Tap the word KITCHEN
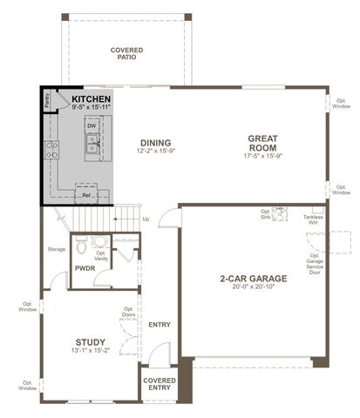pyautogui.click(x=91, y=100)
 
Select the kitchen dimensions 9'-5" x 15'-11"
pyautogui.click(x=91, y=108)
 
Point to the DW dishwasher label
pyautogui.click(x=91, y=126)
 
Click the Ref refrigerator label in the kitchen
pyautogui.click(x=86, y=195)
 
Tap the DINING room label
pyautogui.click(x=153, y=143)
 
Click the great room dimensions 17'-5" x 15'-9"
pyautogui.click(x=262, y=157)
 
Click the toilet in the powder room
pyautogui.click(x=98, y=243)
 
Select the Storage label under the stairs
pyautogui.click(x=57, y=249)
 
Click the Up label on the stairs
pyautogui.click(x=146, y=219)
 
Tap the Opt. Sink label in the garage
pyautogui.click(x=266, y=214)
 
